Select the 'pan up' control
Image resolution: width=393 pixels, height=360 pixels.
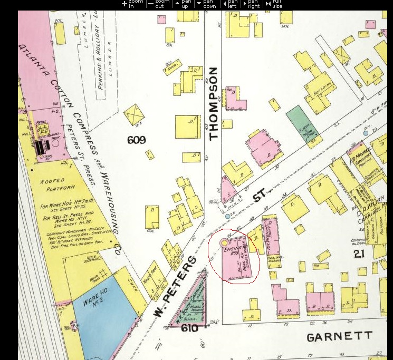click(181, 4)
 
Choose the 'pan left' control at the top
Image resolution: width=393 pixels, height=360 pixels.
click(229, 4)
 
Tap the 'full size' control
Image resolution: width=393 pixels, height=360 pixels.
click(274, 4)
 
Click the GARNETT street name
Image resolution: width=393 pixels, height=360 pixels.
click(339, 336)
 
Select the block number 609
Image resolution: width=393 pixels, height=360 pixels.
click(136, 140)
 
